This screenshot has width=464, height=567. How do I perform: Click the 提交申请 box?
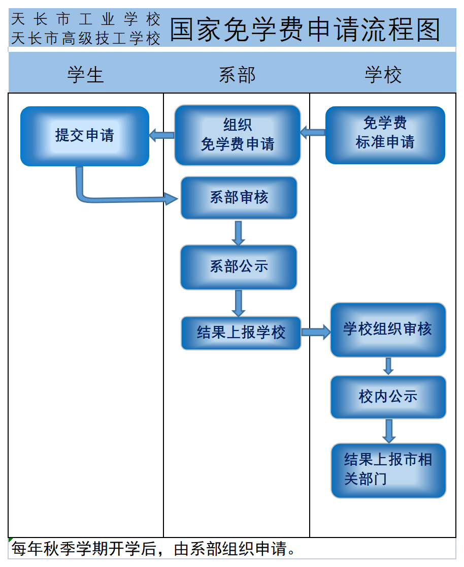pyautogui.click(x=85, y=136)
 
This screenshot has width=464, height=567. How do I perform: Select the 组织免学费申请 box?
pyautogui.click(x=238, y=135)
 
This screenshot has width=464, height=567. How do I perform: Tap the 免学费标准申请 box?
pyautogui.click(x=385, y=135)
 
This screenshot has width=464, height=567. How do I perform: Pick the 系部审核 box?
pyautogui.click(x=239, y=198)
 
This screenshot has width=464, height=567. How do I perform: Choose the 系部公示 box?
pyautogui.click(x=239, y=267)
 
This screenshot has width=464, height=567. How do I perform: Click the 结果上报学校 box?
pyautogui.click(x=241, y=333)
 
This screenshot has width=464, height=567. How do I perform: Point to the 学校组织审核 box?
pyautogui.click(x=388, y=330)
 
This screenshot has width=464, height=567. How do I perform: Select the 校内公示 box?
pyautogui.click(x=388, y=397)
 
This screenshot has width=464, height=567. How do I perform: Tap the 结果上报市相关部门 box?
pyautogui.click(x=388, y=470)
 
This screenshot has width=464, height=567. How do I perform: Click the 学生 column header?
pyautogui.click(x=86, y=75)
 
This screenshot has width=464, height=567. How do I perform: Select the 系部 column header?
pyautogui.click(x=237, y=75)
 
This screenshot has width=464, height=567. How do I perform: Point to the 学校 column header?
pyautogui.click(x=383, y=75)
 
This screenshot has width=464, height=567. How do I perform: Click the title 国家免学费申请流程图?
pyautogui.click(x=305, y=29)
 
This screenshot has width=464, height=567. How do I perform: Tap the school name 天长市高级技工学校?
pyautogui.click(x=85, y=39)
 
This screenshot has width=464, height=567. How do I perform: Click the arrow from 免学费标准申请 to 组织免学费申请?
pyautogui.click(x=313, y=133)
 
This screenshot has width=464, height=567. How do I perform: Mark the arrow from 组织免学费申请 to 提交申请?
pyautogui.click(x=162, y=135)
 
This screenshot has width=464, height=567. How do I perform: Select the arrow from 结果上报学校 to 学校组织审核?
pyautogui.click(x=316, y=333)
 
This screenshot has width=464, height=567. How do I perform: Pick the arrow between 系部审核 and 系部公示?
pyautogui.click(x=238, y=232)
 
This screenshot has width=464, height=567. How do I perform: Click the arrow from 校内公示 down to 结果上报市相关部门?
pyautogui.click(x=389, y=431)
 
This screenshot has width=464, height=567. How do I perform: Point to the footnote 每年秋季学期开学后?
pyautogui.click(x=152, y=549)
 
